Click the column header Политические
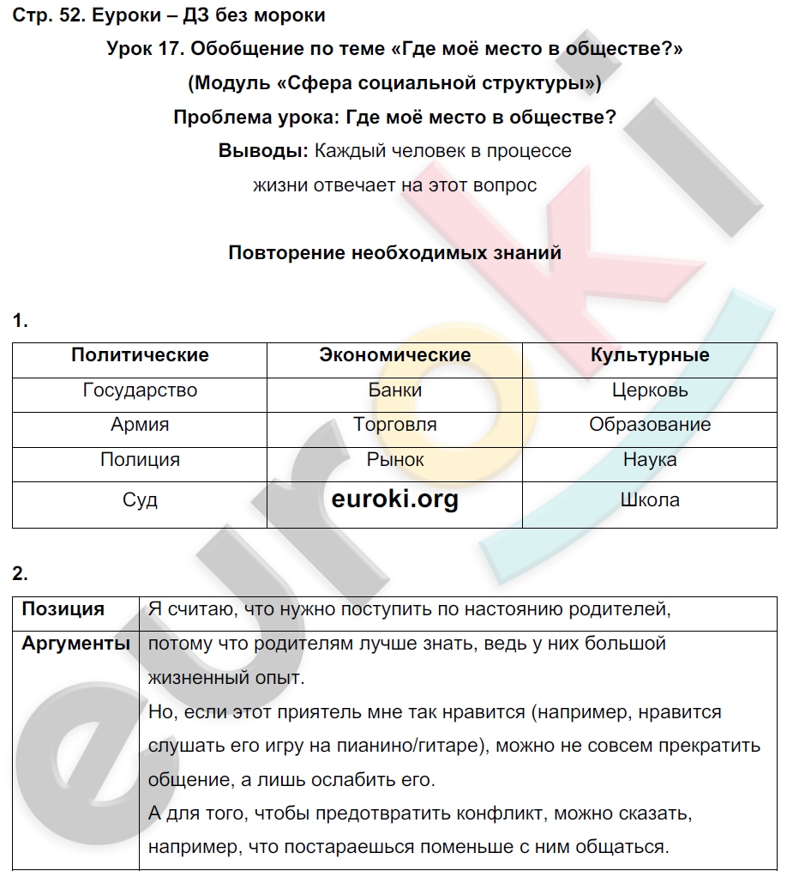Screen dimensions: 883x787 point(140,355)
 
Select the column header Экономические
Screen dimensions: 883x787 point(394,355)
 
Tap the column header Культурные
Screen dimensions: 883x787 point(650,355)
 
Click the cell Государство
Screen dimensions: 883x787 point(140,390)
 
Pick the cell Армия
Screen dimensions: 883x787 point(140,425)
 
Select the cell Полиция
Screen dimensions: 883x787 point(140,460)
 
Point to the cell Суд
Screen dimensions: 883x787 point(140,500)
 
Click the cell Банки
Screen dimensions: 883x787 point(394,390)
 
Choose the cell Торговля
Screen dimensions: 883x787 point(394,425)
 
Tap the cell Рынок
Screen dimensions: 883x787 point(394,460)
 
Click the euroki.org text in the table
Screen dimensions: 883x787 point(394,499)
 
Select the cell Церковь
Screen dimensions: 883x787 point(650,390)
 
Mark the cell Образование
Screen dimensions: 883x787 point(650,425)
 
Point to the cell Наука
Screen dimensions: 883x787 point(650,460)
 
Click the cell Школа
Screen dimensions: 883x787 point(650,500)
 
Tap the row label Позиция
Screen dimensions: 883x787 point(63,609)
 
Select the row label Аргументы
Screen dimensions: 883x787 point(75,644)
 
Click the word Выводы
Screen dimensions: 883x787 point(263,151)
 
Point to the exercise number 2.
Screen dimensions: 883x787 point(21,573)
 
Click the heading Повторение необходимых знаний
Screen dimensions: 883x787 point(394,253)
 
